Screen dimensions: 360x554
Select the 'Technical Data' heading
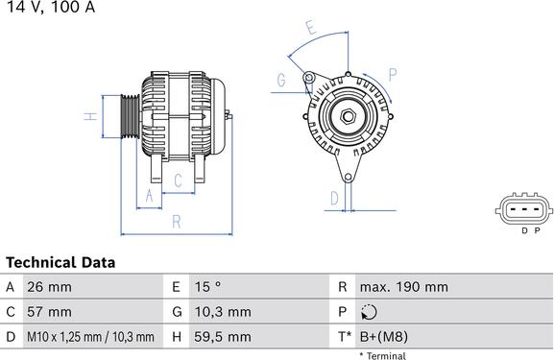(60, 262)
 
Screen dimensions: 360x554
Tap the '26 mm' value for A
(49, 287)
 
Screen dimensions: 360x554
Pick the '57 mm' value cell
(49, 312)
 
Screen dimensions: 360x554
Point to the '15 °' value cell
(208, 287)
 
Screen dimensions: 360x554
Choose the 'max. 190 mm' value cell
(403, 287)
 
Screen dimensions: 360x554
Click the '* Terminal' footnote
(382, 355)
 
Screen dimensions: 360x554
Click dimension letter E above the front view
(309, 29)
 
